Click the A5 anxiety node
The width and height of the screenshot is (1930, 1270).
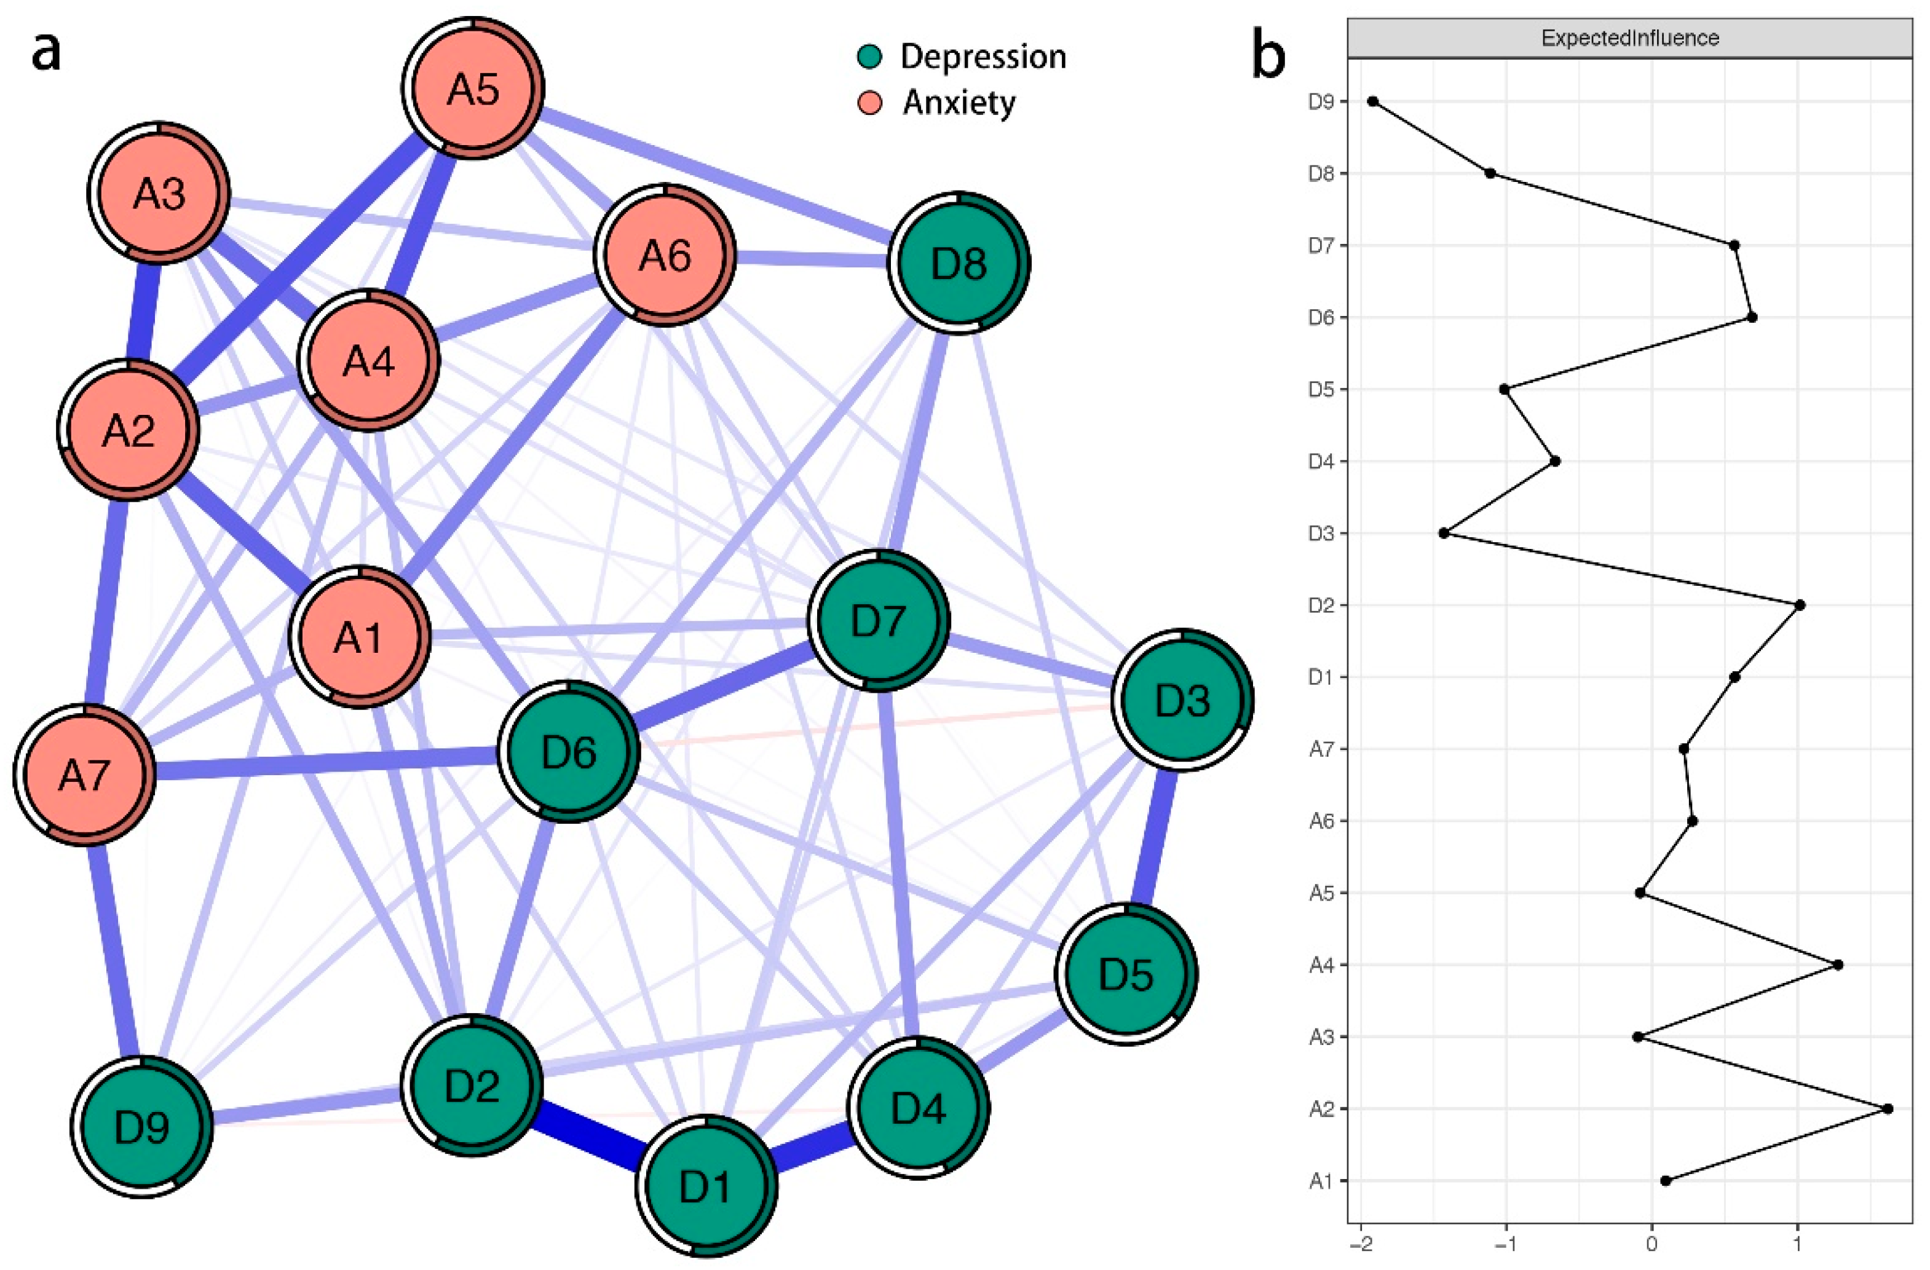(473, 87)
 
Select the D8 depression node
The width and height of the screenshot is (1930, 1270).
(959, 262)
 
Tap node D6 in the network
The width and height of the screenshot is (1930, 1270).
(569, 752)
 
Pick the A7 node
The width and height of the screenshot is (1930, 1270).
(84, 775)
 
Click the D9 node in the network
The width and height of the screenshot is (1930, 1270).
(142, 1126)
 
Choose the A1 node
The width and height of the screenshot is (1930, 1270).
(359, 637)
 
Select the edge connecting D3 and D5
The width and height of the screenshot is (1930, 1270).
(1155, 837)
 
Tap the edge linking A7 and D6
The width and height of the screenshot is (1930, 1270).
(325, 763)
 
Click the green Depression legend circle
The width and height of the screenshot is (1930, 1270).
(869, 57)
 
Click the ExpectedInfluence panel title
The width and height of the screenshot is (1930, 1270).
(1629, 38)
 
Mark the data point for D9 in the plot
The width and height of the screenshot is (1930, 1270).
(1373, 101)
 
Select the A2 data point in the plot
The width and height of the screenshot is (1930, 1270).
(1888, 1108)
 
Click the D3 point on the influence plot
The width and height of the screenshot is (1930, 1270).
(1444, 533)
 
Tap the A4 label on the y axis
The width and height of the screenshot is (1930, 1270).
(1321, 965)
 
